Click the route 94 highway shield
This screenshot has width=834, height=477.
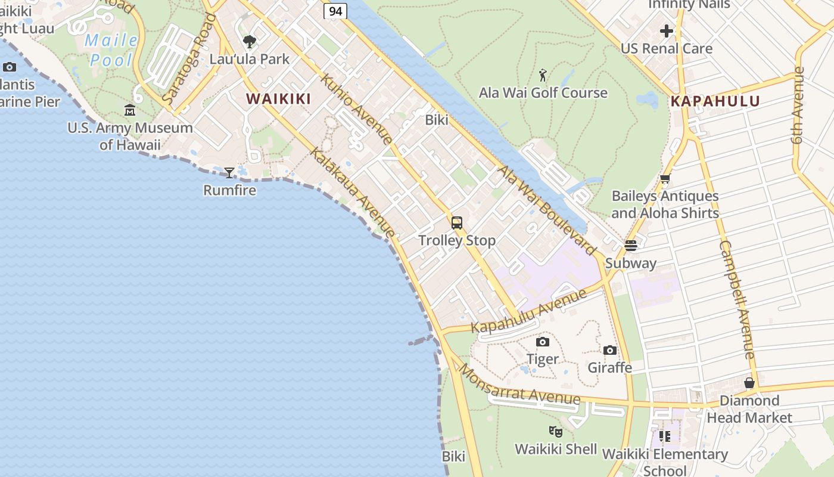tap(335, 11)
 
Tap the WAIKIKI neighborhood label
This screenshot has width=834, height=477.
tap(279, 99)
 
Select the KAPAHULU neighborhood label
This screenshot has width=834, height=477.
tap(715, 101)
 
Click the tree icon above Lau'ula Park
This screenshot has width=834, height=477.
tap(250, 42)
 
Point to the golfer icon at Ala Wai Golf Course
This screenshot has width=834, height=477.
tap(543, 76)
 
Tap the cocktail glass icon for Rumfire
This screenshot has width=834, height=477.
tap(229, 173)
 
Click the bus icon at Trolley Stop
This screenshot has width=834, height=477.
tap(457, 223)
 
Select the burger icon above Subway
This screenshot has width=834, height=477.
tap(630, 246)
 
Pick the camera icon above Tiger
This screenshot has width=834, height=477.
tap(542, 342)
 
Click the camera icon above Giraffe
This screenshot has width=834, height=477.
tap(609, 350)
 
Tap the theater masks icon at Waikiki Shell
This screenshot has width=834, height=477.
tap(555, 431)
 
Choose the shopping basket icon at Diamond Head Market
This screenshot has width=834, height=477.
tap(749, 383)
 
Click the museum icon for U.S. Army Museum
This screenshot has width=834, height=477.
tap(130, 110)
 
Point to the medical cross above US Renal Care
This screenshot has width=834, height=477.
tap(667, 31)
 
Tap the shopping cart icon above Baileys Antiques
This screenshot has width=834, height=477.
tap(665, 178)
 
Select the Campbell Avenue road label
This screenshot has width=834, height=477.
tap(737, 300)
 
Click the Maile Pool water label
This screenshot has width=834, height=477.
tap(111, 50)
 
